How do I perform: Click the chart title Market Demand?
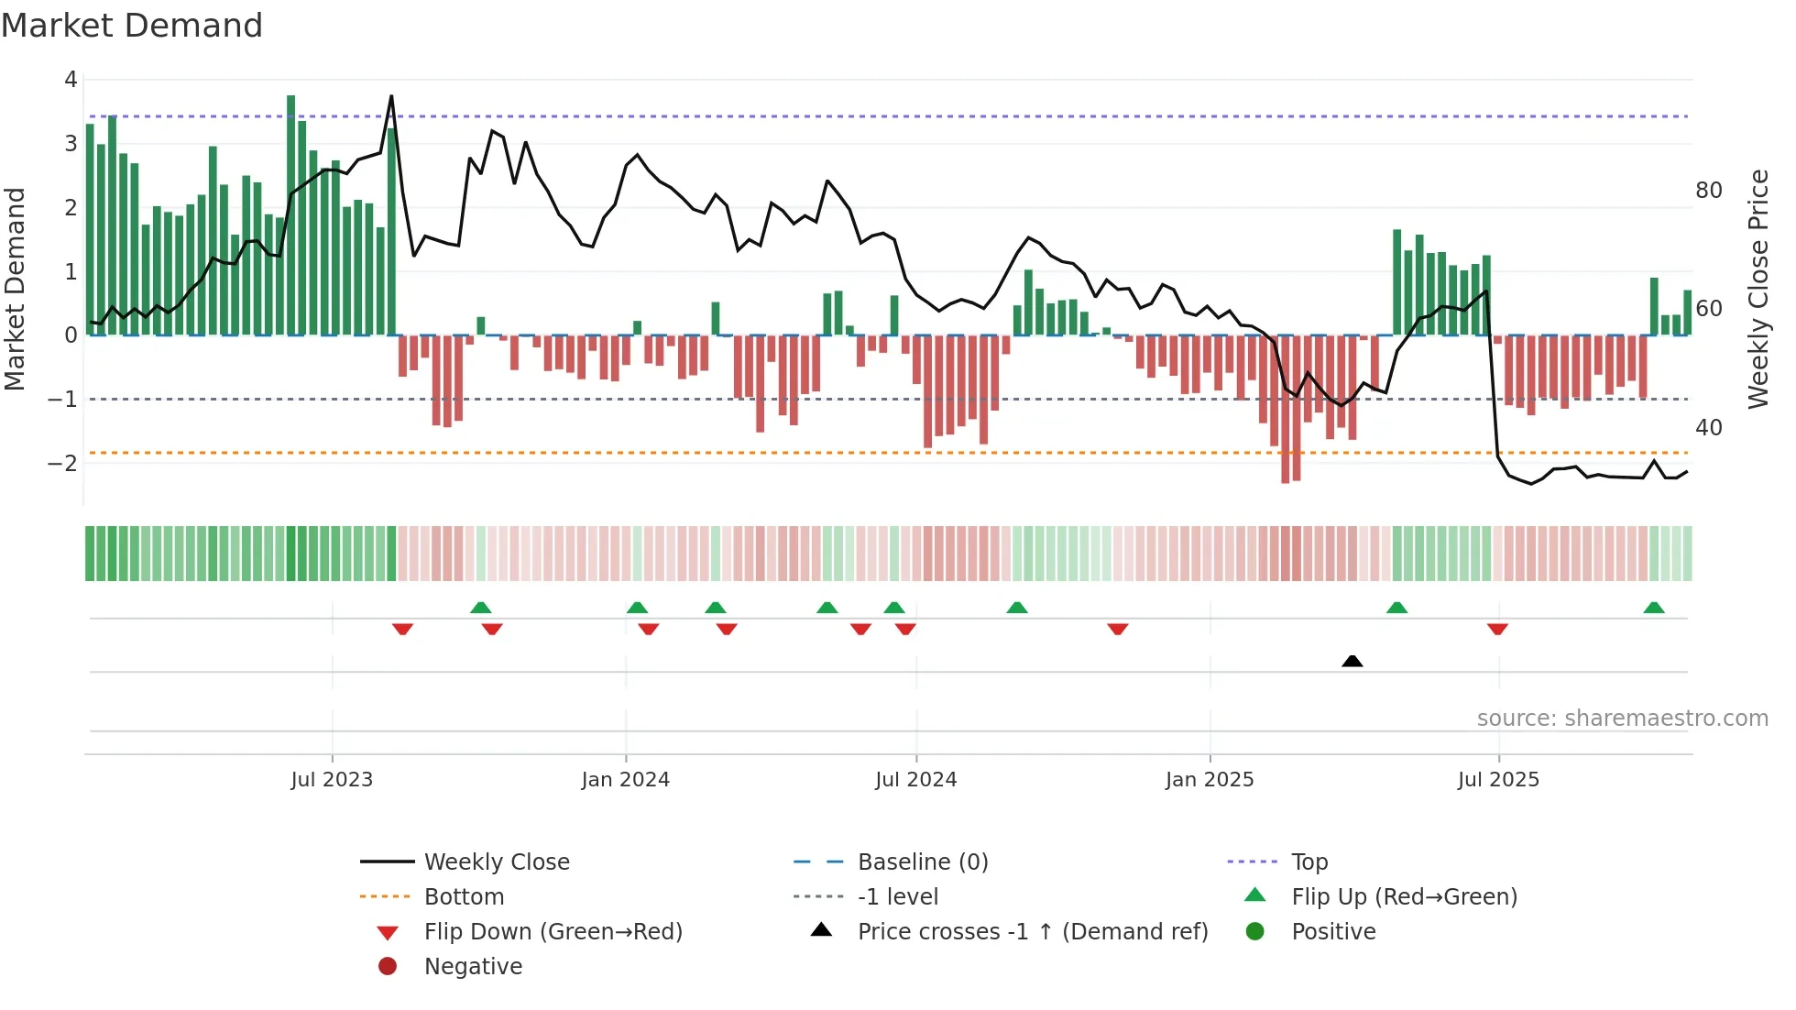tap(132, 26)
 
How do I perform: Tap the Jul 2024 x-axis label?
tap(915, 780)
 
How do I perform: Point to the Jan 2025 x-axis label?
tap(1209, 780)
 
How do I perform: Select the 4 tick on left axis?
tap(71, 80)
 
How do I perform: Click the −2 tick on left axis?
tap(63, 463)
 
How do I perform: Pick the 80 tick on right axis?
tap(1708, 191)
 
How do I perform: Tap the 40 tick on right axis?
tap(1708, 428)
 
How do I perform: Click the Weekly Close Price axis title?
tap(1758, 289)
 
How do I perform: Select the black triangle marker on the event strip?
tap(1352, 661)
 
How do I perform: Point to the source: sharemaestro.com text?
tap(1622, 719)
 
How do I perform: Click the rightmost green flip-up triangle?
tap(1653, 608)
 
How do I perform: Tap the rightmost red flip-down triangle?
tap(1497, 630)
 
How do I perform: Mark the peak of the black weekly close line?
tap(391, 96)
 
